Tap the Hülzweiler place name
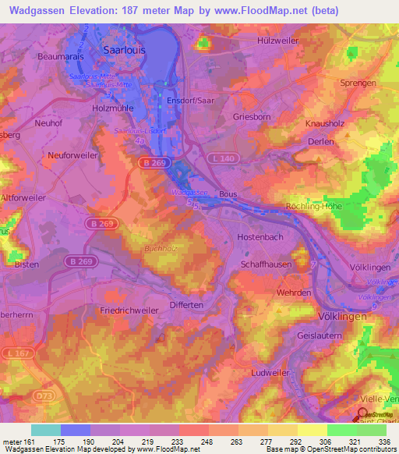(278, 39)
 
